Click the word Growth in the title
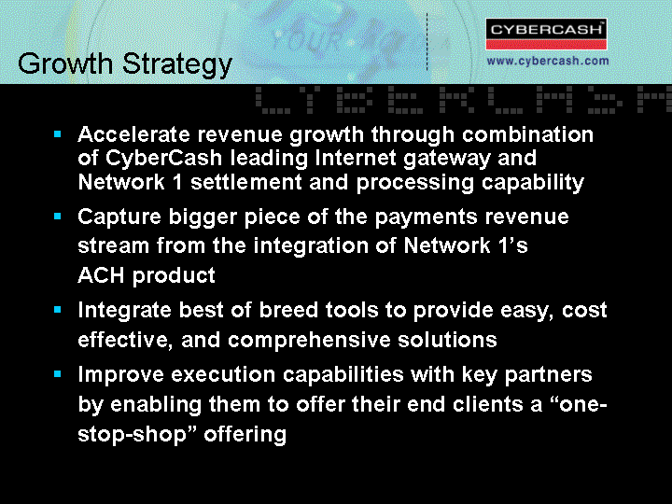pos(65,63)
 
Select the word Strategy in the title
pos(177,65)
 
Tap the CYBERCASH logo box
pos(546,34)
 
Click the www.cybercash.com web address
pos(548,61)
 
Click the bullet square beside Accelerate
pos(58,134)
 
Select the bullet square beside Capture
pos(58,216)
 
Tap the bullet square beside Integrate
pos(58,310)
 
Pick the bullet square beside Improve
pos(58,374)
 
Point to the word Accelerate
pos(133,134)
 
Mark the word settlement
pos(246,182)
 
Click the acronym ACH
pos(102,274)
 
